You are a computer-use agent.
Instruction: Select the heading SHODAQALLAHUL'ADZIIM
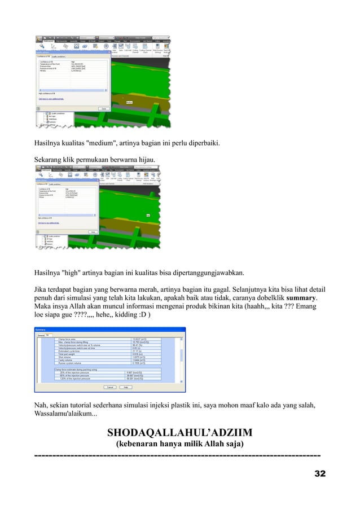[x=179, y=433]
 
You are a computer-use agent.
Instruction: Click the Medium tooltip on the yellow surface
[x=129, y=102]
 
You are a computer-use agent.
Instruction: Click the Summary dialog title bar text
[x=41, y=330]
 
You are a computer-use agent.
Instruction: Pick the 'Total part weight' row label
[x=65, y=355]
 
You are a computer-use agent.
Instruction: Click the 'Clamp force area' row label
[x=65, y=339]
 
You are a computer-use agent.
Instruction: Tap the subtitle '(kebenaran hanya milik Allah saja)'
[x=179, y=445]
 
